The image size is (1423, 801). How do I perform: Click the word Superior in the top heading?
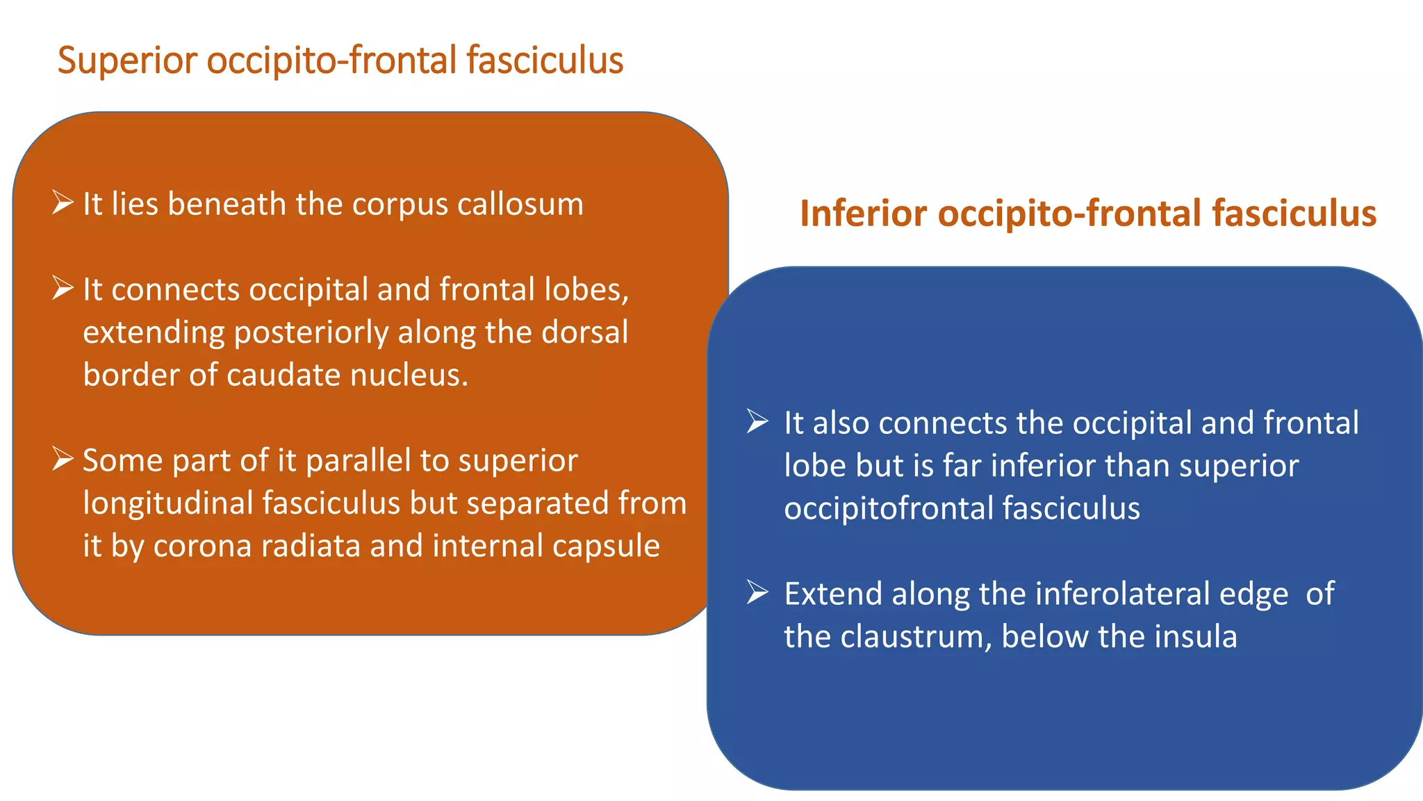[127, 61]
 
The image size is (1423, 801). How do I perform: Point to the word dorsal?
[584, 332]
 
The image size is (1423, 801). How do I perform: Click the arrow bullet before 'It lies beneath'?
[63, 203]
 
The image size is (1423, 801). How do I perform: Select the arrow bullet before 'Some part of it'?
[63, 460]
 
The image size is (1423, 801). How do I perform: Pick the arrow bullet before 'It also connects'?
[757, 421]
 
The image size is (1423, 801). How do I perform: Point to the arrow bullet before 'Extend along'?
[757, 592]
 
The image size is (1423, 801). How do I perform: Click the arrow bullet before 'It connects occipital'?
[63, 289]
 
